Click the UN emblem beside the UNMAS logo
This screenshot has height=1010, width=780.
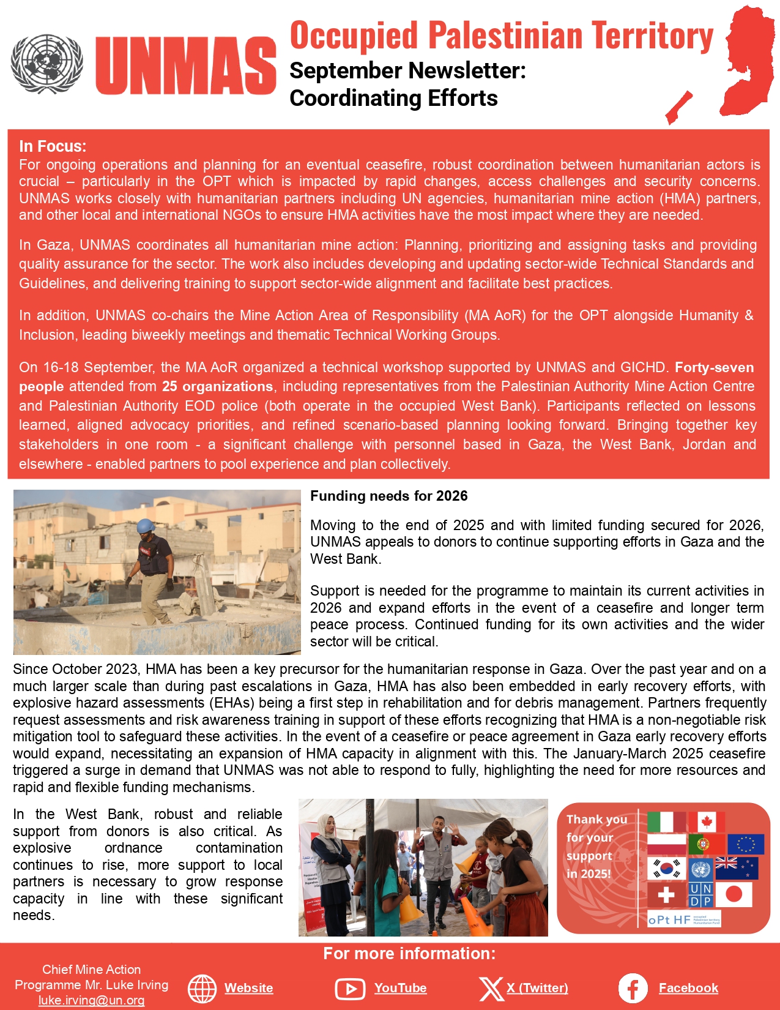[x=47, y=64]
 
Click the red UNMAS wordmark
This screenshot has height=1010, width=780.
[x=186, y=65]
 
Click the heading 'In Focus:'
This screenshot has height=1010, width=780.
[x=53, y=146]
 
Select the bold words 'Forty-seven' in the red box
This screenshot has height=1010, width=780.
[x=714, y=367]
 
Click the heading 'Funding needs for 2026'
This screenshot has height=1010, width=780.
[x=388, y=496]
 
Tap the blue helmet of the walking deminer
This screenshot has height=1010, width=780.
[x=145, y=526]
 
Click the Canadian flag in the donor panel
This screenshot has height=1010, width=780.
[x=707, y=822]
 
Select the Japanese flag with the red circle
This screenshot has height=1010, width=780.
[x=734, y=895]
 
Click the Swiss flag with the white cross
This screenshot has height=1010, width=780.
[x=666, y=895]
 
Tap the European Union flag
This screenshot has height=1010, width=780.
[x=746, y=845]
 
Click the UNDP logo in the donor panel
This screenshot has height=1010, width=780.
[x=700, y=895]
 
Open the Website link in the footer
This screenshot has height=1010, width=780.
[x=248, y=988]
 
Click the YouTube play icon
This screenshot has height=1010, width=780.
[x=350, y=989]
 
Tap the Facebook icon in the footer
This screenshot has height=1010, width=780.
[x=633, y=988]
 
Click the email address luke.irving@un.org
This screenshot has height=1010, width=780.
[x=91, y=1000]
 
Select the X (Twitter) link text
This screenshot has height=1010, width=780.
[x=537, y=988]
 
